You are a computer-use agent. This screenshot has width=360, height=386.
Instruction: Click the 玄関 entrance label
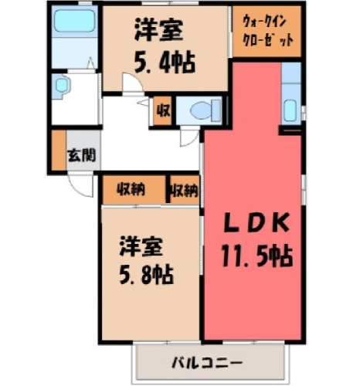82,155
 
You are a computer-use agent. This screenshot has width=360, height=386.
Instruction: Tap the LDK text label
256,223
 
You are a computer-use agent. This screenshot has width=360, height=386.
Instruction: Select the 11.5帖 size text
257,256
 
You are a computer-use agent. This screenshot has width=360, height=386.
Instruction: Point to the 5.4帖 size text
165,63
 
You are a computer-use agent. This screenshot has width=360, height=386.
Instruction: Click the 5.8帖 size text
146,275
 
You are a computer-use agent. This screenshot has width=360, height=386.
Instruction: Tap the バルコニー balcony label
207,363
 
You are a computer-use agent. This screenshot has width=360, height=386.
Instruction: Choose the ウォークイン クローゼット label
268,31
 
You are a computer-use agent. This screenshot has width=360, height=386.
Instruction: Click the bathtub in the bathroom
74,21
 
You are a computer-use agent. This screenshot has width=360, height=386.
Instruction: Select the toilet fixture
205,110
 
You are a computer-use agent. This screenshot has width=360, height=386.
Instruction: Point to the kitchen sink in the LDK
290,110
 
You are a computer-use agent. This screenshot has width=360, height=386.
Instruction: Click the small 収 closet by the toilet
163,111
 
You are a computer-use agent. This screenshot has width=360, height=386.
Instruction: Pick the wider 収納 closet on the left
134,190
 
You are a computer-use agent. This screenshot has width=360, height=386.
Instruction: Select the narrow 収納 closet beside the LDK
185,190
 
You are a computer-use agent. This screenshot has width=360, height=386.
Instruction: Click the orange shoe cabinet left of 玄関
59,151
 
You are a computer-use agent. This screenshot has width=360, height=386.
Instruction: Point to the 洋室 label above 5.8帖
141,246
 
